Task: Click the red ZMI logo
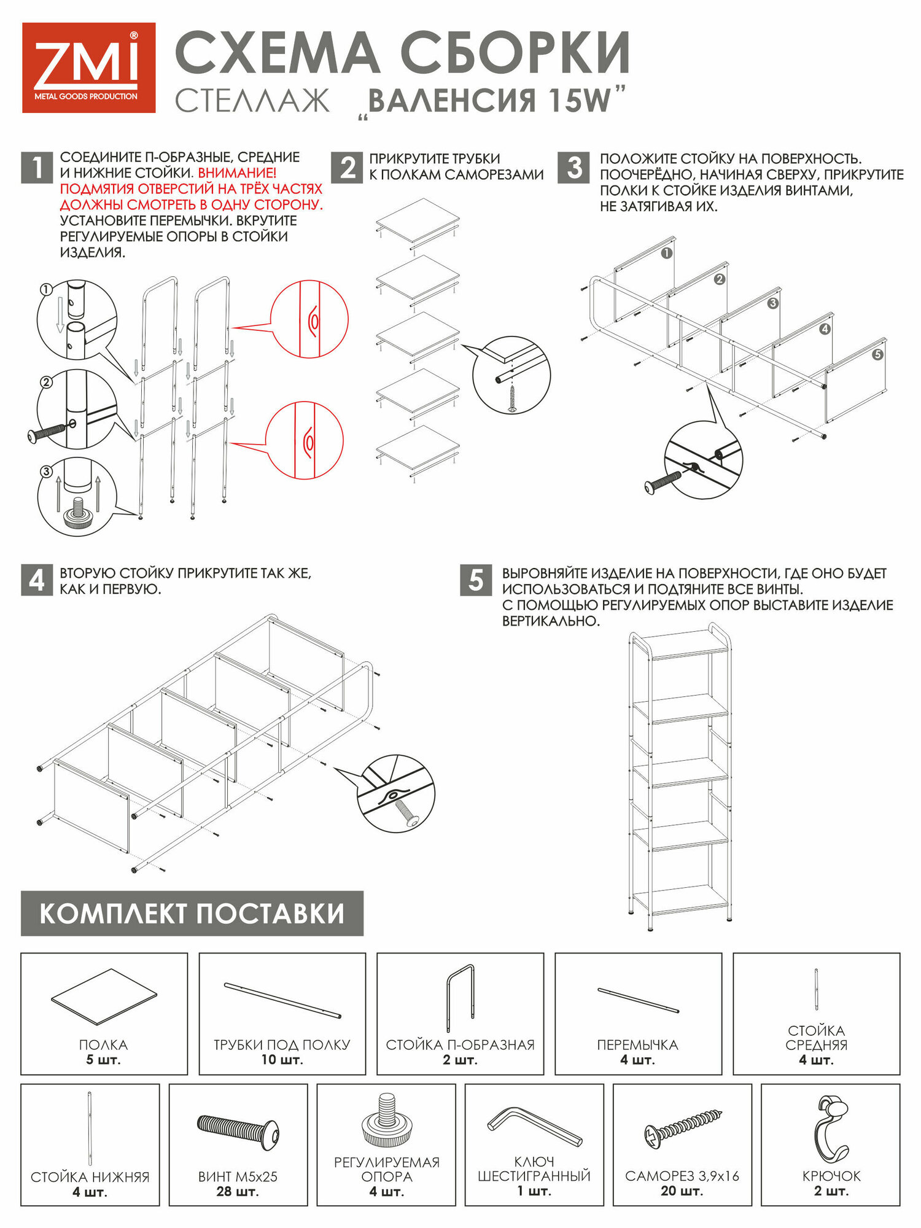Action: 88,68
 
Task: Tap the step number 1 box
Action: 37,168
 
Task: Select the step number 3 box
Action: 574,168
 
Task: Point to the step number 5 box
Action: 476,580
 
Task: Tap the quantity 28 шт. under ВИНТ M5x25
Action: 238,1192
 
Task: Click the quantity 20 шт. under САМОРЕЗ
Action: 682,1191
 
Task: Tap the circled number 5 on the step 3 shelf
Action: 877,354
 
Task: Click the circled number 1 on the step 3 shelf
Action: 667,253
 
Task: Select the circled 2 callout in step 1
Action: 45,383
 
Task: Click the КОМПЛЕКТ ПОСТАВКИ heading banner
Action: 192,914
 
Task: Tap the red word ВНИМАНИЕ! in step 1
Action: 237,173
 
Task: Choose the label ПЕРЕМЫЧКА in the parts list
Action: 638,1044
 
